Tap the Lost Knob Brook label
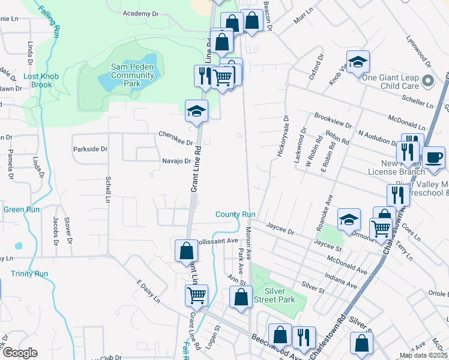pyautogui.click(x=38, y=80)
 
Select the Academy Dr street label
pyautogui.click(x=140, y=13)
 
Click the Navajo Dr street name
pyautogui.click(x=176, y=161)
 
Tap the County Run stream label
pyautogui.click(x=236, y=214)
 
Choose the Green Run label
pyautogui.click(x=22, y=209)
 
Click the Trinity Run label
pyautogui.click(x=29, y=274)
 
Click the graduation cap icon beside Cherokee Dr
pyautogui.click(x=196, y=111)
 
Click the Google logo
pyautogui.click(x=20, y=353)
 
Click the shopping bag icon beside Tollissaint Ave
pyautogui.click(x=186, y=250)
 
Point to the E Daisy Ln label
pyautogui.click(x=148, y=291)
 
